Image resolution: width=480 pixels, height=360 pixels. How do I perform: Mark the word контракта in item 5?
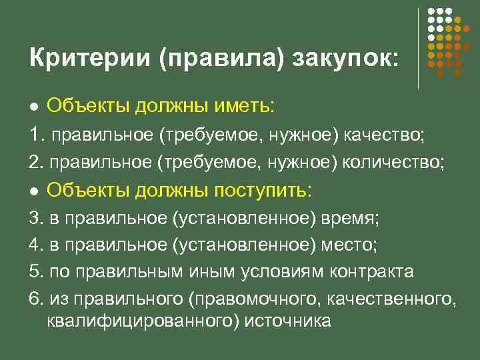pos(373,272)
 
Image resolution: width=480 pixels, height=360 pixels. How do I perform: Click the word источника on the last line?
pos(288,321)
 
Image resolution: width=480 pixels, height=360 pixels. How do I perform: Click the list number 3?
pos(35,219)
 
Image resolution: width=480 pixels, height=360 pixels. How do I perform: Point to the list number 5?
pos(35,272)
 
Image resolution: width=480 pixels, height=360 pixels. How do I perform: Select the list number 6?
pos(35,299)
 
